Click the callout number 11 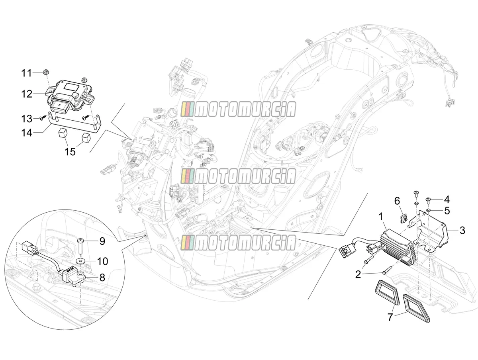tap(27, 73)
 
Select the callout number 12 tap(27, 94)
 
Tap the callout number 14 tap(27, 133)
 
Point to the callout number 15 tap(70, 151)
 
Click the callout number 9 tap(102, 241)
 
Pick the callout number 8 tap(102, 277)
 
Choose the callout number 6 tap(397, 201)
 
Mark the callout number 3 tap(462, 230)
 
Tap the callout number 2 tap(358, 274)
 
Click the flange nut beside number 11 tap(45, 72)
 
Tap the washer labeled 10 tap(80, 260)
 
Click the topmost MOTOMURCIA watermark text tap(238, 110)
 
